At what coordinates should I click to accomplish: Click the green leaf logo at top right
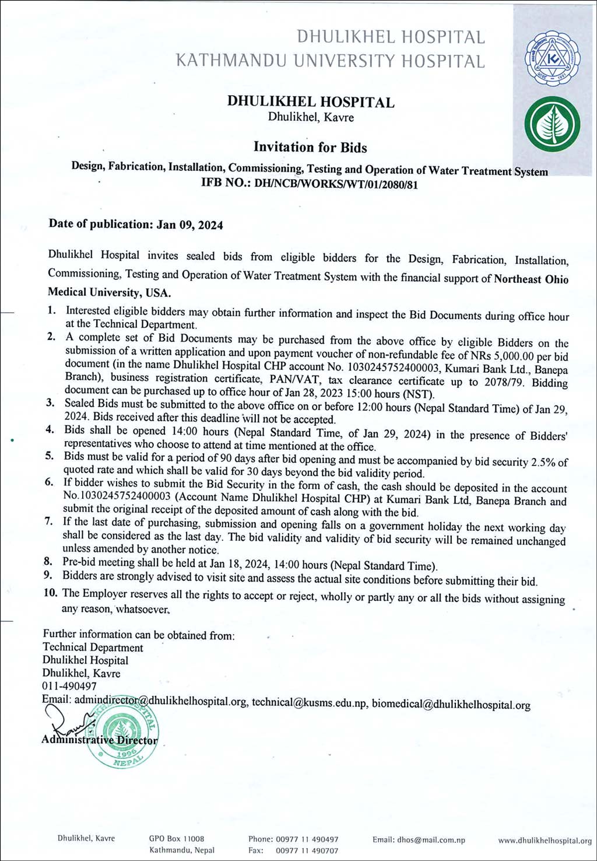pyautogui.click(x=552, y=124)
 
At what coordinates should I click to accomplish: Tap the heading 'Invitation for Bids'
pyautogui.click(x=310, y=147)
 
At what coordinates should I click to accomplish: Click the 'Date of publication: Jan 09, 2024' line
pyautogui.click(x=136, y=225)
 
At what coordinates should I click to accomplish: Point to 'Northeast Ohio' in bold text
pyautogui.click(x=531, y=279)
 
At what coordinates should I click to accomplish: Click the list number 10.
pyautogui.click(x=51, y=593)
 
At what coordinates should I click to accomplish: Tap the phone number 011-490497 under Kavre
pyautogui.click(x=69, y=686)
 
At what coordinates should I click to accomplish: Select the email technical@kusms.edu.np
pyautogui.click(x=309, y=703)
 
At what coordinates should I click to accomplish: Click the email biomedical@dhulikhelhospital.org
pyautogui.click(x=451, y=705)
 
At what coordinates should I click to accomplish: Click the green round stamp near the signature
pyautogui.click(x=122, y=731)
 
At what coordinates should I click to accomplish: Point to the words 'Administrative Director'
pyautogui.click(x=100, y=740)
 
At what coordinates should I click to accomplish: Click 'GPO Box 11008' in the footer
pyautogui.click(x=177, y=838)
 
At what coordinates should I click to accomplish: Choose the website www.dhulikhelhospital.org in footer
pyautogui.click(x=545, y=841)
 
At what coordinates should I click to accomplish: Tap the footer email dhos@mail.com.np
pyautogui.click(x=419, y=840)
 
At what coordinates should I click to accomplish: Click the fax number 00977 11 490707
pyautogui.click(x=307, y=850)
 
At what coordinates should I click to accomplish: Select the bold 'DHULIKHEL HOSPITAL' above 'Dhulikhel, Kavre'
pyautogui.click(x=311, y=102)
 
